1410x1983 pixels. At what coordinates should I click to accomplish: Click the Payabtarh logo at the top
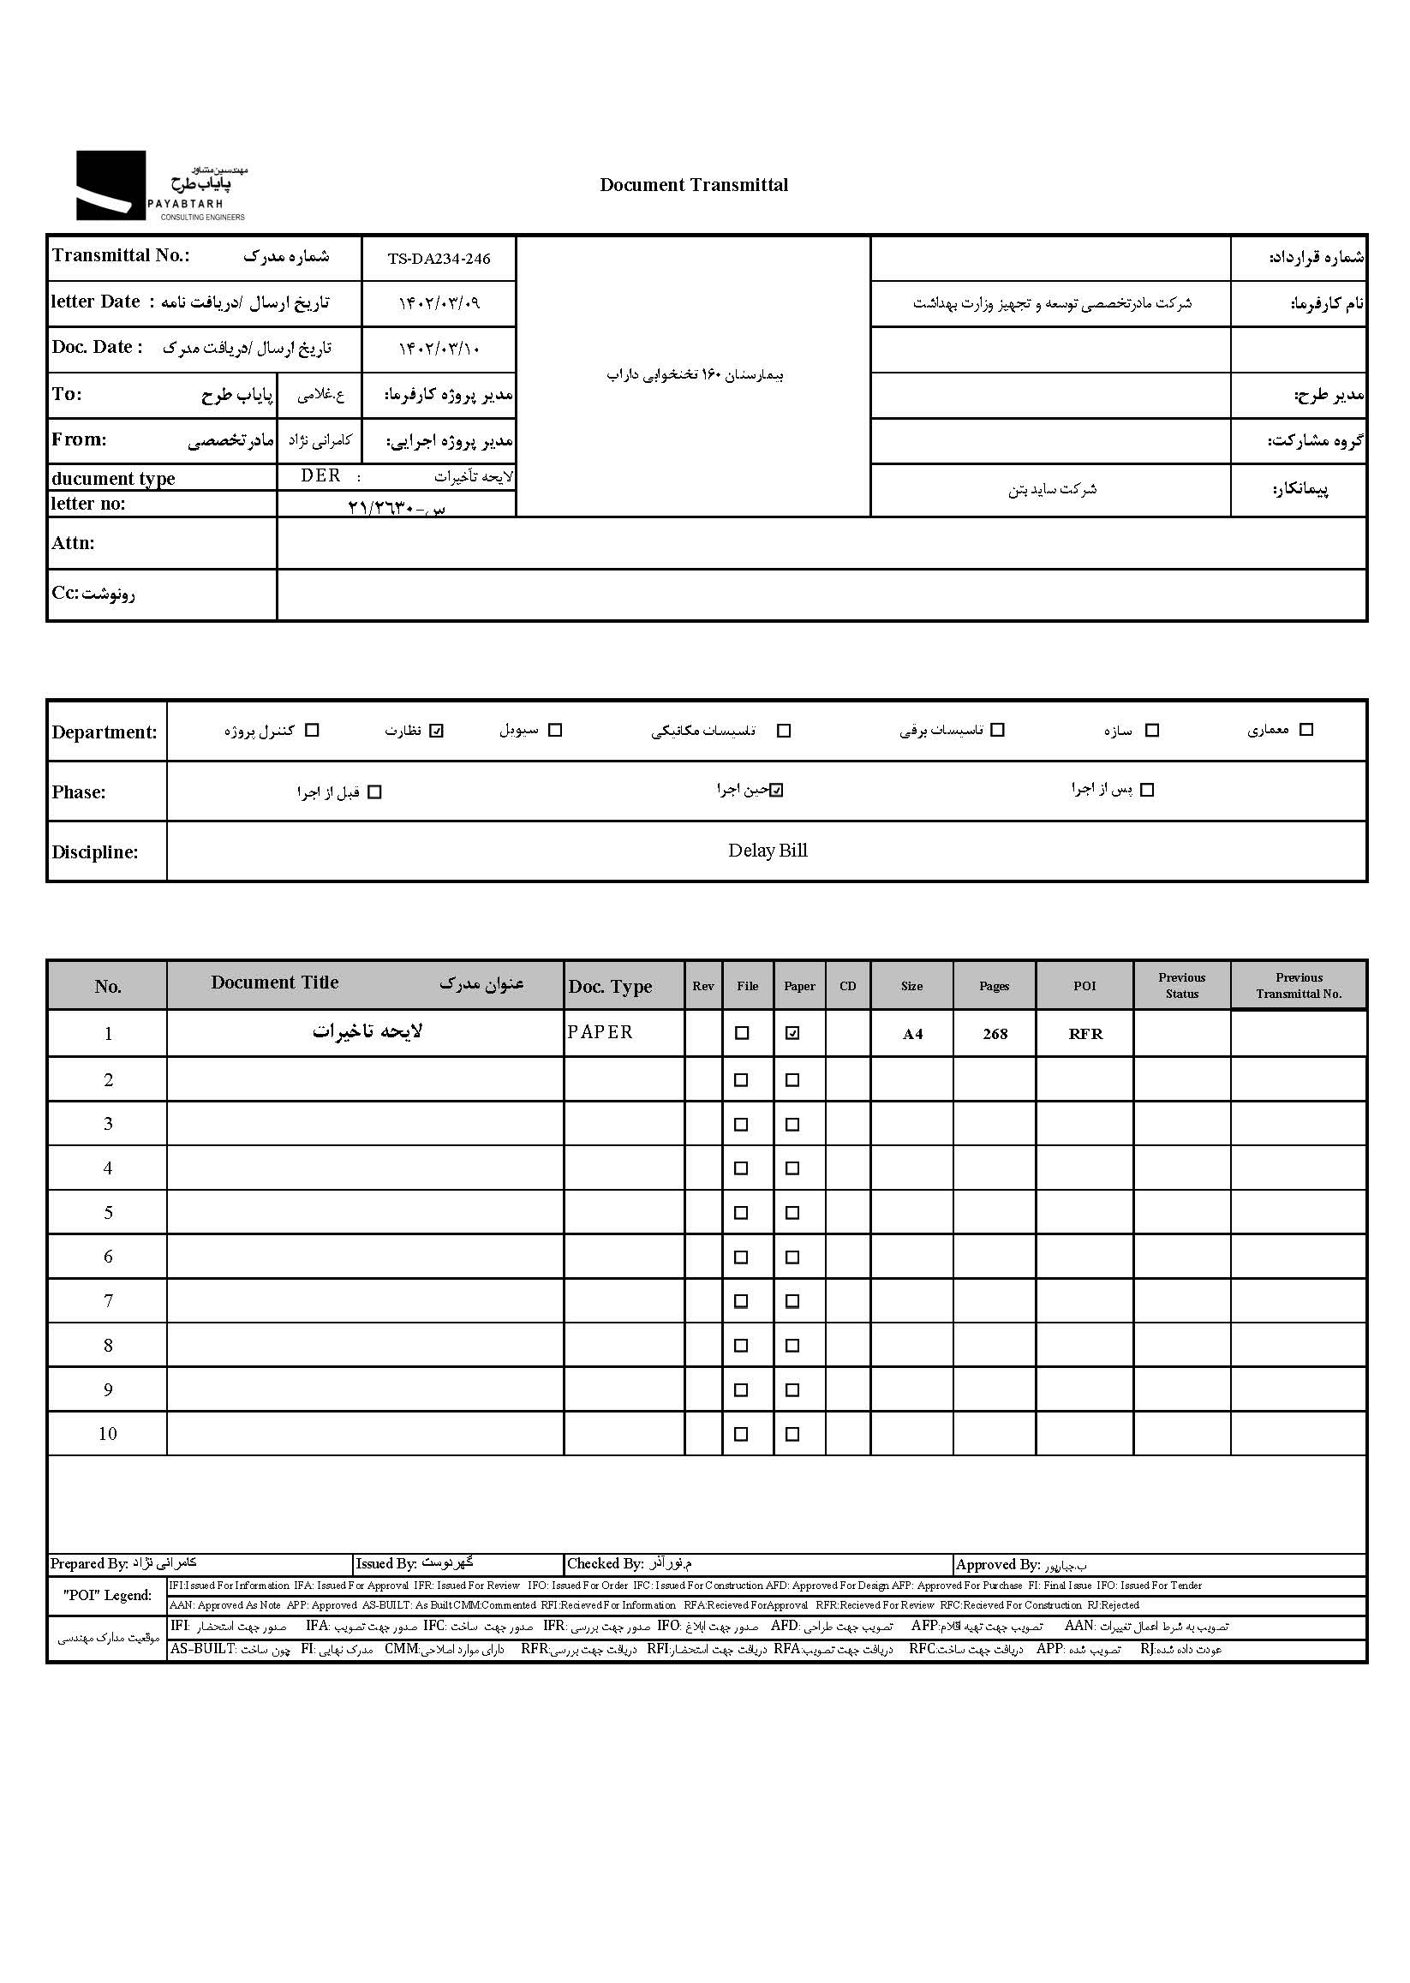[161, 186]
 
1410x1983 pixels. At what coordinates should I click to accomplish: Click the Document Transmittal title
[694, 185]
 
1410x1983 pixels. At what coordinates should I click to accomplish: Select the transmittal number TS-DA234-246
[439, 259]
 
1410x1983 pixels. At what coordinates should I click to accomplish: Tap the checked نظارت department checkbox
[437, 730]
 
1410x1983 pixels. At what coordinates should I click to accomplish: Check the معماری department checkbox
[1305, 729]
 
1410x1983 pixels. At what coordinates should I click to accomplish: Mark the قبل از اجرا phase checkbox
[374, 791]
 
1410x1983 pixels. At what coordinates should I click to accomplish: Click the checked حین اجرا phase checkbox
[777, 790]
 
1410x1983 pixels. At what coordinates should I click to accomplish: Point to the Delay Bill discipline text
[768, 851]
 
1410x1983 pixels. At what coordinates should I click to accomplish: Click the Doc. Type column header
[611, 986]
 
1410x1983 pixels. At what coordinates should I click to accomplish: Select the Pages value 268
[995, 1034]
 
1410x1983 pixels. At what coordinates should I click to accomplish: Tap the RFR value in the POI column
[1085, 1034]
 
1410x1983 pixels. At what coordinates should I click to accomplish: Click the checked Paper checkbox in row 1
[792, 1033]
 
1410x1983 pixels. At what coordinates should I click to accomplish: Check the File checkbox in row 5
[741, 1213]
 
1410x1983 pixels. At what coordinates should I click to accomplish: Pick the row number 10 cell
[108, 1433]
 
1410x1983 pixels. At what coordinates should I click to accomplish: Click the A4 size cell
[912, 1034]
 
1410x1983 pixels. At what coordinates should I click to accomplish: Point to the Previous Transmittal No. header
[1298, 985]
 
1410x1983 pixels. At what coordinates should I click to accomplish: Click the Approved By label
[998, 1564]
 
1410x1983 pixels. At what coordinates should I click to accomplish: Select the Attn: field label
[73, 543]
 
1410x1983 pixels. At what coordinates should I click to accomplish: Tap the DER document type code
[320, 475]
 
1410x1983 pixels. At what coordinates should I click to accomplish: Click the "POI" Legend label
[107, 1595]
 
